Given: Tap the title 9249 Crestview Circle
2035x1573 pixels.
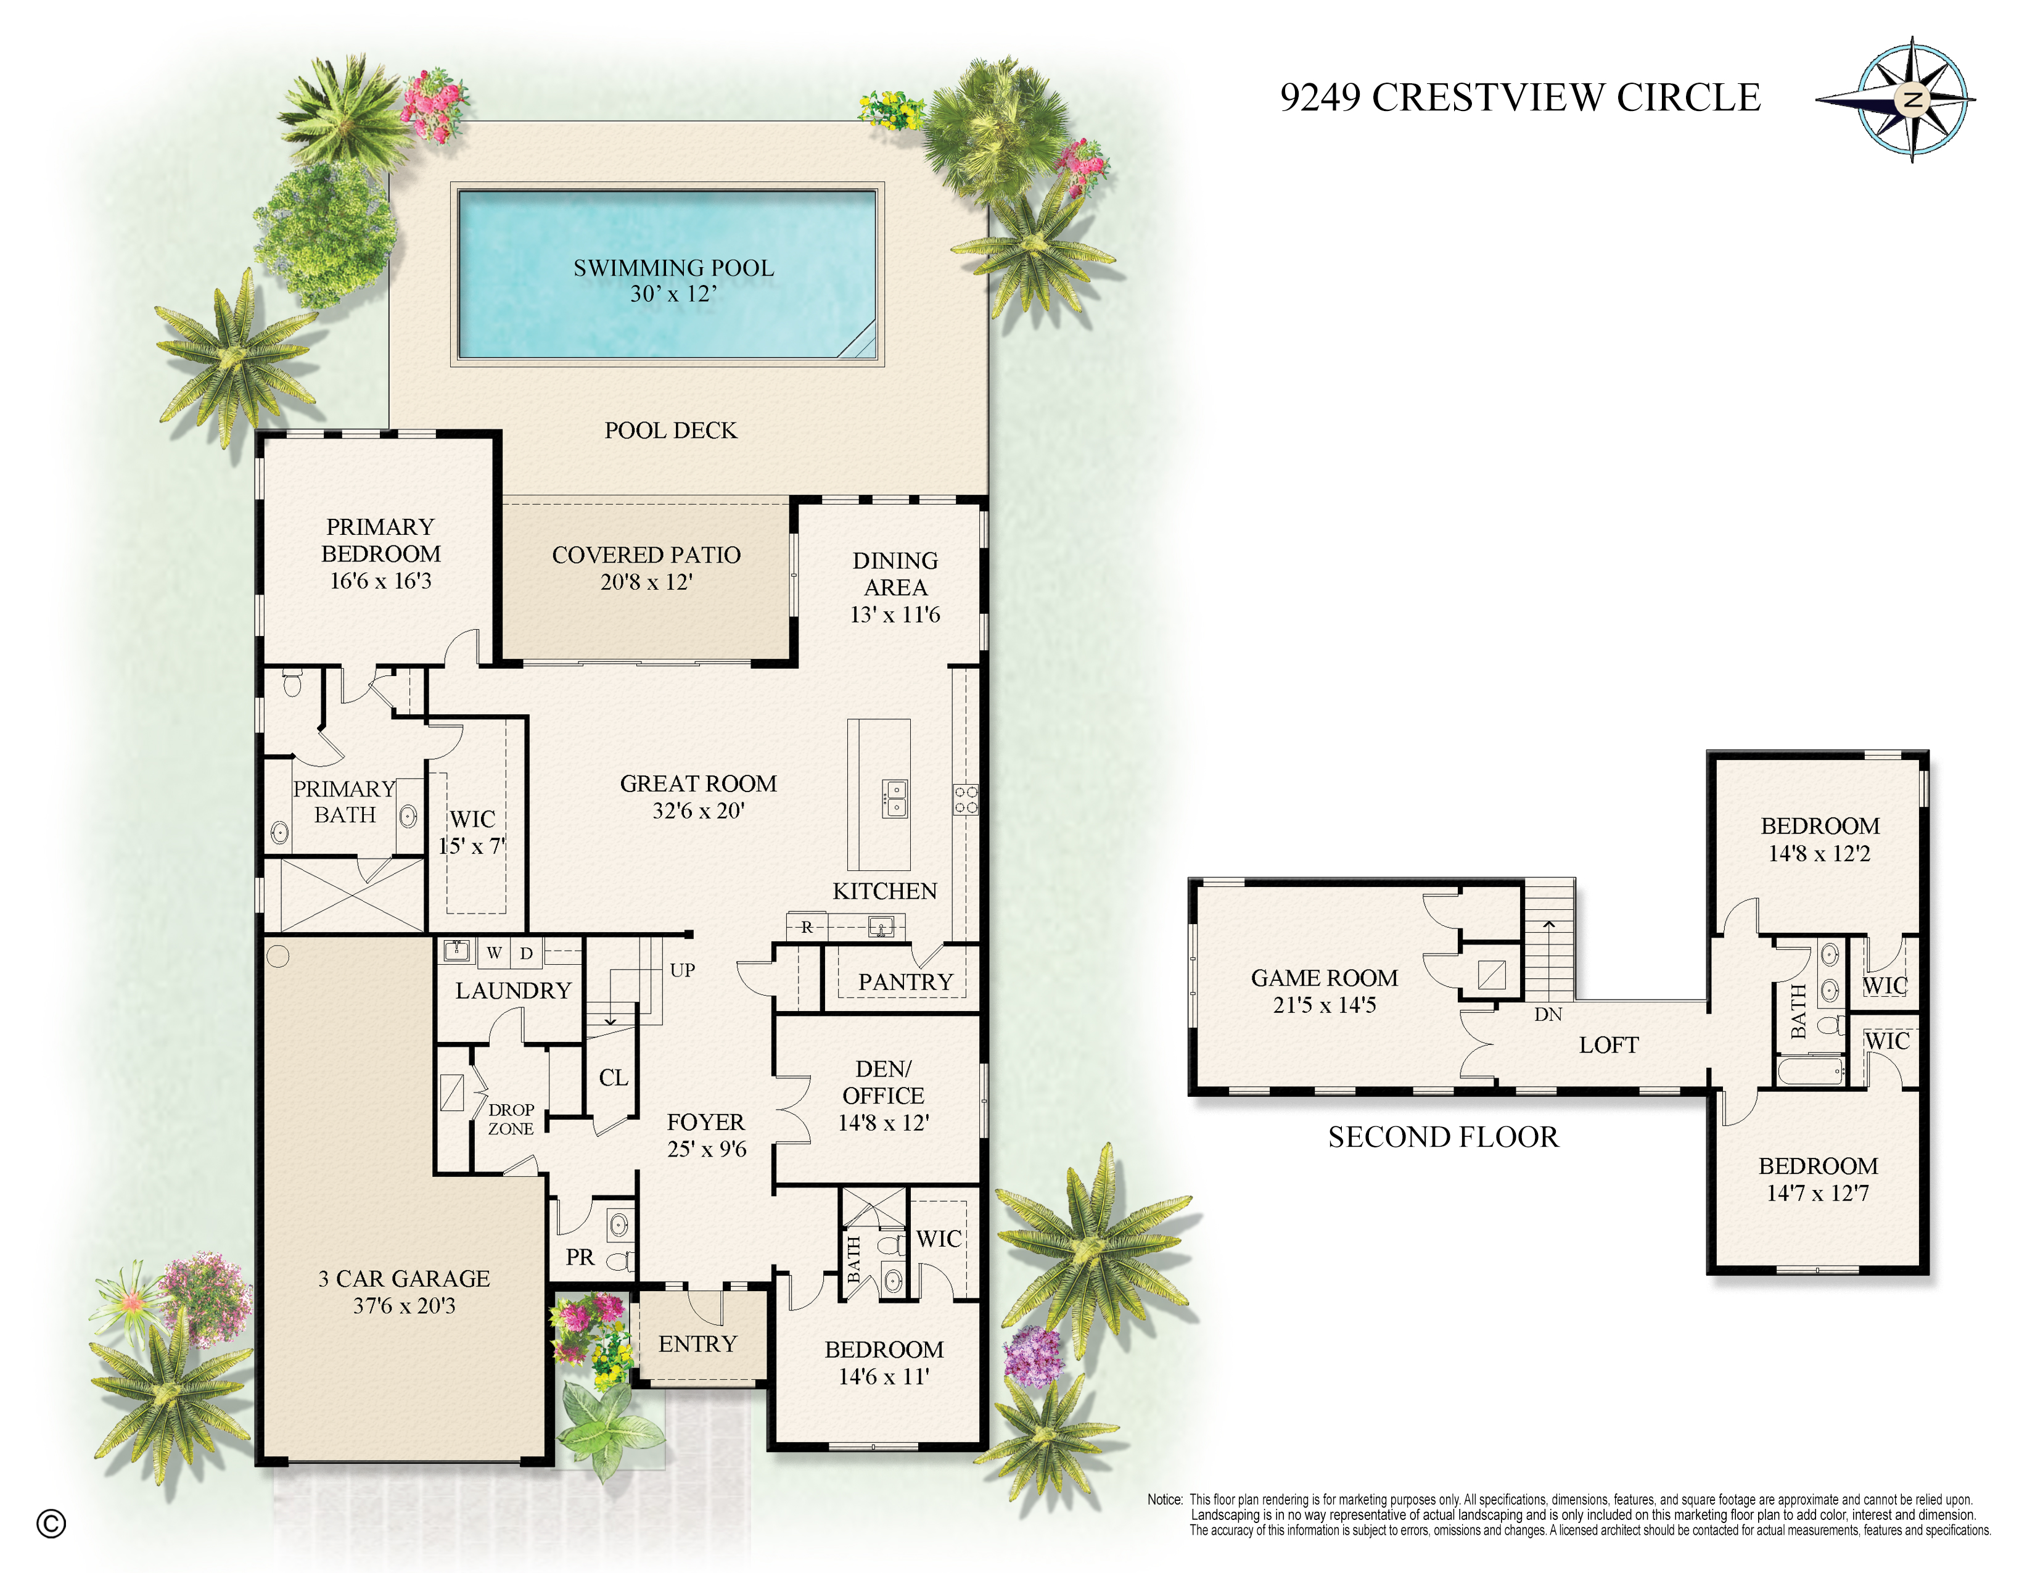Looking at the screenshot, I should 1519,97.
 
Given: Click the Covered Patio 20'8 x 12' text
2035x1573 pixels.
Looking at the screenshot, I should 646,568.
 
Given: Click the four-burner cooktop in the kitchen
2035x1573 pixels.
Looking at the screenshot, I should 965,799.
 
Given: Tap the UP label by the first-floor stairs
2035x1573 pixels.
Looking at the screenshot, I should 682,970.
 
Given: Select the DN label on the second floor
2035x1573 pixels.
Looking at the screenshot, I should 1548,1014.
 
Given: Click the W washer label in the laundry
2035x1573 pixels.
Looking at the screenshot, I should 494,952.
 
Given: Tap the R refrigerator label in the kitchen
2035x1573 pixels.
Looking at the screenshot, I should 807,927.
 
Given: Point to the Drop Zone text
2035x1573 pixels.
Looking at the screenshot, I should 511,1119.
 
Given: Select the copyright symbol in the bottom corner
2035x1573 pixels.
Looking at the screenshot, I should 51,1522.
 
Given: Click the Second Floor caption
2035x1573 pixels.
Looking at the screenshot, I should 1442,1137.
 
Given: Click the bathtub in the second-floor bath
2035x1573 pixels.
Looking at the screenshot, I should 1811,1071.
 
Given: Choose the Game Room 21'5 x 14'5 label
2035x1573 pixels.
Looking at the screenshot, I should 1324,991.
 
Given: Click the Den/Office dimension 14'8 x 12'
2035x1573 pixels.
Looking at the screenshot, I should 882,1123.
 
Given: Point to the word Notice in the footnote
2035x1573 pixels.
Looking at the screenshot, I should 1164,1500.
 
